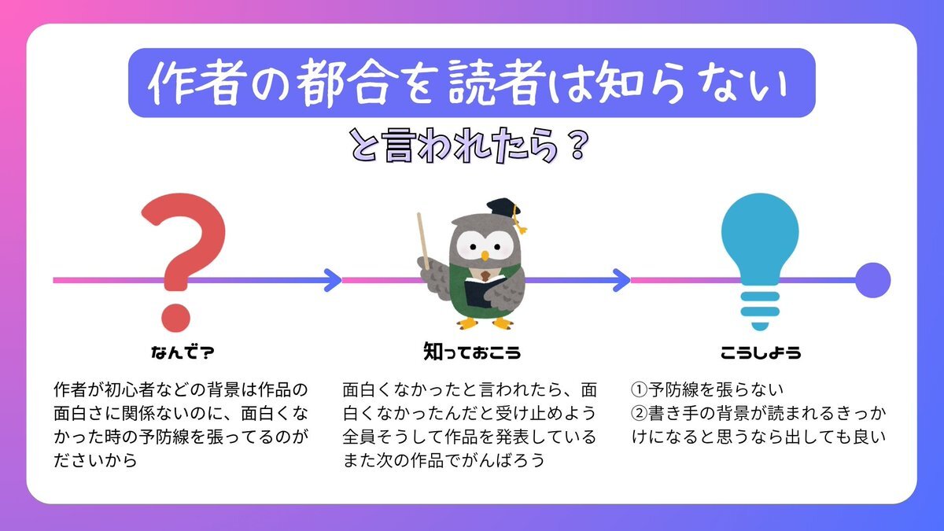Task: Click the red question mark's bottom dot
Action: pyautogui.click(x=176, y=318)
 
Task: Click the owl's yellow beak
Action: pyautogui.click(x=485, y=256)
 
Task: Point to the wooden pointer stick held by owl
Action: pyautogui.click(x=423, y=242)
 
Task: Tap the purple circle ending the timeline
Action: pyautogui.click(x=872, y=280)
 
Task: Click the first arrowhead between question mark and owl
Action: pyautogui.click(x=333, y=280)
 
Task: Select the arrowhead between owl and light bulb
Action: pyautogui.click(x=621, y=280)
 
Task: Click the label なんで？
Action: pyautogui.click(x=183, y=352)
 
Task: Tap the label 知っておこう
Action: pyautogui.click(x=472, y=352)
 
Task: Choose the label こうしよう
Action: pyautogui.click(x=761, y=352)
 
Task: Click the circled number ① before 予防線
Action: pyautogui.click(x=640, y=390)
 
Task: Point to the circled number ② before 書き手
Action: pyautogui.click(x=640, y=414)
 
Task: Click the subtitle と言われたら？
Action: pyautogui.click(x=469, y=146)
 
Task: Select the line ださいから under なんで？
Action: pyautogui.click(x=96, y=460)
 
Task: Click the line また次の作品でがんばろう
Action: pyautogui.click(x=444, y=460)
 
